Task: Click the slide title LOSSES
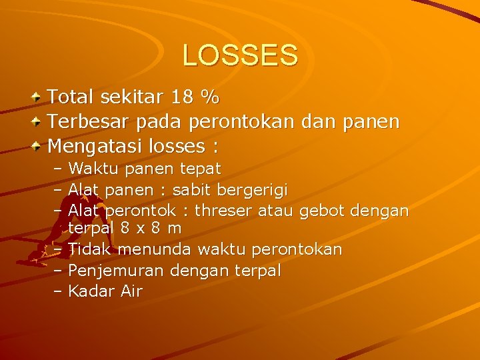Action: click(x=240, y=55)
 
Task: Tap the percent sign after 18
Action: click(x=211, y=97)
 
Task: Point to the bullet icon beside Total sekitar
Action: click(x=37, y=98)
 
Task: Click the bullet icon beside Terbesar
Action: click(x=37, y=122)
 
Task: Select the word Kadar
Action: click(x=91, y=291)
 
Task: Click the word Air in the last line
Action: click(x=131, y=291)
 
